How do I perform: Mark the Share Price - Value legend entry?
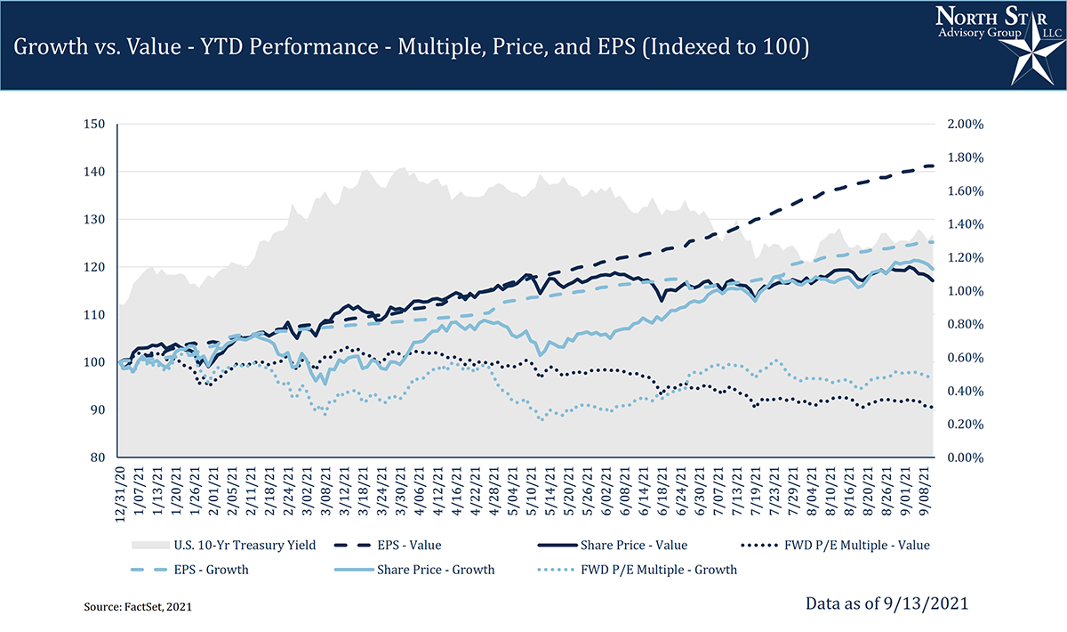[x=633, y=545]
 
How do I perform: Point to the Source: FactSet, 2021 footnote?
[x=138, y=606]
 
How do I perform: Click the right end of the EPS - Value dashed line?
[x=932, y=166]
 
